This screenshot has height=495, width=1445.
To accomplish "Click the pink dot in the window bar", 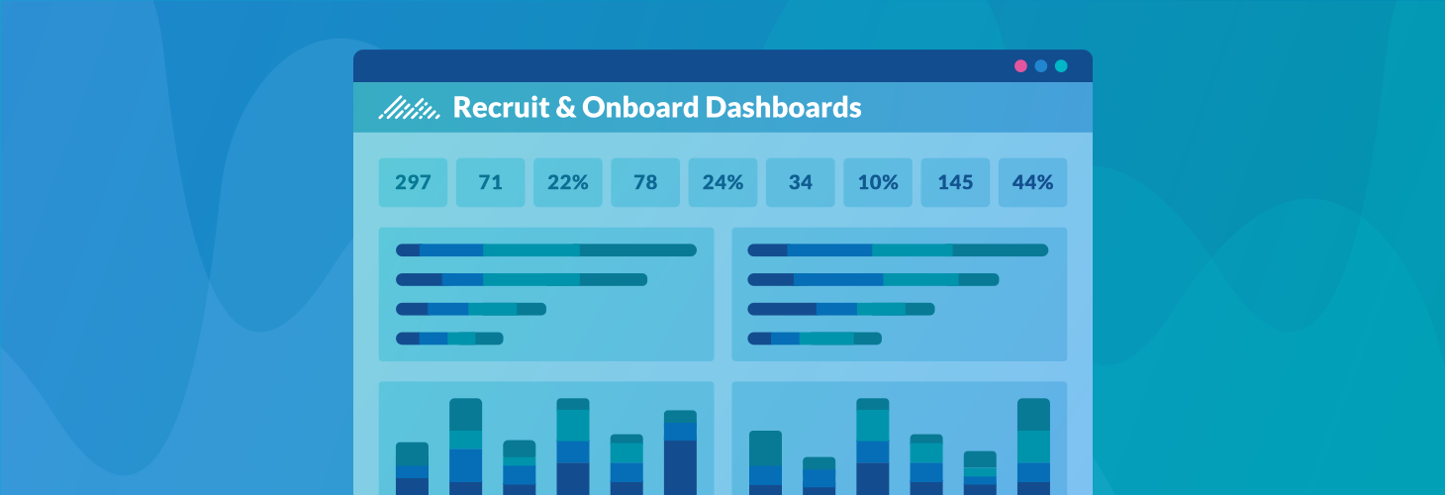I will point(1020,66).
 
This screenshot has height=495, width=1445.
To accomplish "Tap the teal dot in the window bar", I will point(1061,66).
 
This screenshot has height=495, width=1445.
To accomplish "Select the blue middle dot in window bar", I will point(1041,66).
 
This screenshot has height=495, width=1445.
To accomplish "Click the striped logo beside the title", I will point(409,108).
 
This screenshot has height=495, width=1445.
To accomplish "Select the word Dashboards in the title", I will point(783,107).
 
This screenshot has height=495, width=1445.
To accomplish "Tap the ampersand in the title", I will point(565,107).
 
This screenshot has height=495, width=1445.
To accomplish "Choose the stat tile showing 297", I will point(413,182).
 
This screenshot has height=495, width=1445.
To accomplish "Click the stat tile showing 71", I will point(490,182).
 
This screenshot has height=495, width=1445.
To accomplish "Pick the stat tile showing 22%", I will point(568,182).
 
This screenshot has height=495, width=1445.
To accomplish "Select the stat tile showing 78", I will point(645,182).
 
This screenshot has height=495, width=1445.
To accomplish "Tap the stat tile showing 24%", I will point(722,182).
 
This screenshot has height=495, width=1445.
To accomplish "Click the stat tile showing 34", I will point(801,182).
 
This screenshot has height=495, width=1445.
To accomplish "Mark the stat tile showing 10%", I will point(878,182).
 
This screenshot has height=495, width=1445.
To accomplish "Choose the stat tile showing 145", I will point(955,182).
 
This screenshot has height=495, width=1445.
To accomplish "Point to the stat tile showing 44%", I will point(1032,182).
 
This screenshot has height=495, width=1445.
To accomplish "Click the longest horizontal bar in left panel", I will point(546,250).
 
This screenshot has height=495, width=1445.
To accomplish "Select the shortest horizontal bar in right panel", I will point(815,339).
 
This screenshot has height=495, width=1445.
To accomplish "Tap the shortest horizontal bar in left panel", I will point(449,339).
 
